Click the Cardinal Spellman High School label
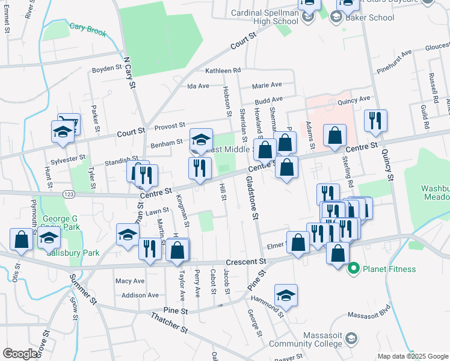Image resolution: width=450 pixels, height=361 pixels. tap(265, 17)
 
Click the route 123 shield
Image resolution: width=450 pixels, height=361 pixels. tap(69, 194)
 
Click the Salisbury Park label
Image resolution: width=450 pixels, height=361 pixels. tap(73, 253)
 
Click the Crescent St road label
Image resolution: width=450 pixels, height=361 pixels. tap(245, 262)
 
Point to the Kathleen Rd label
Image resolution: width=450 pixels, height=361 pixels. tap(223, 70)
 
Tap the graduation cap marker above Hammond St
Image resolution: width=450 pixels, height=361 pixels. tap(286, 295)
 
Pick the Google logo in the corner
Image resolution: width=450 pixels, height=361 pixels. tap(21, 354)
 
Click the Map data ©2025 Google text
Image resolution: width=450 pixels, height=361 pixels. tap(412, 356)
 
